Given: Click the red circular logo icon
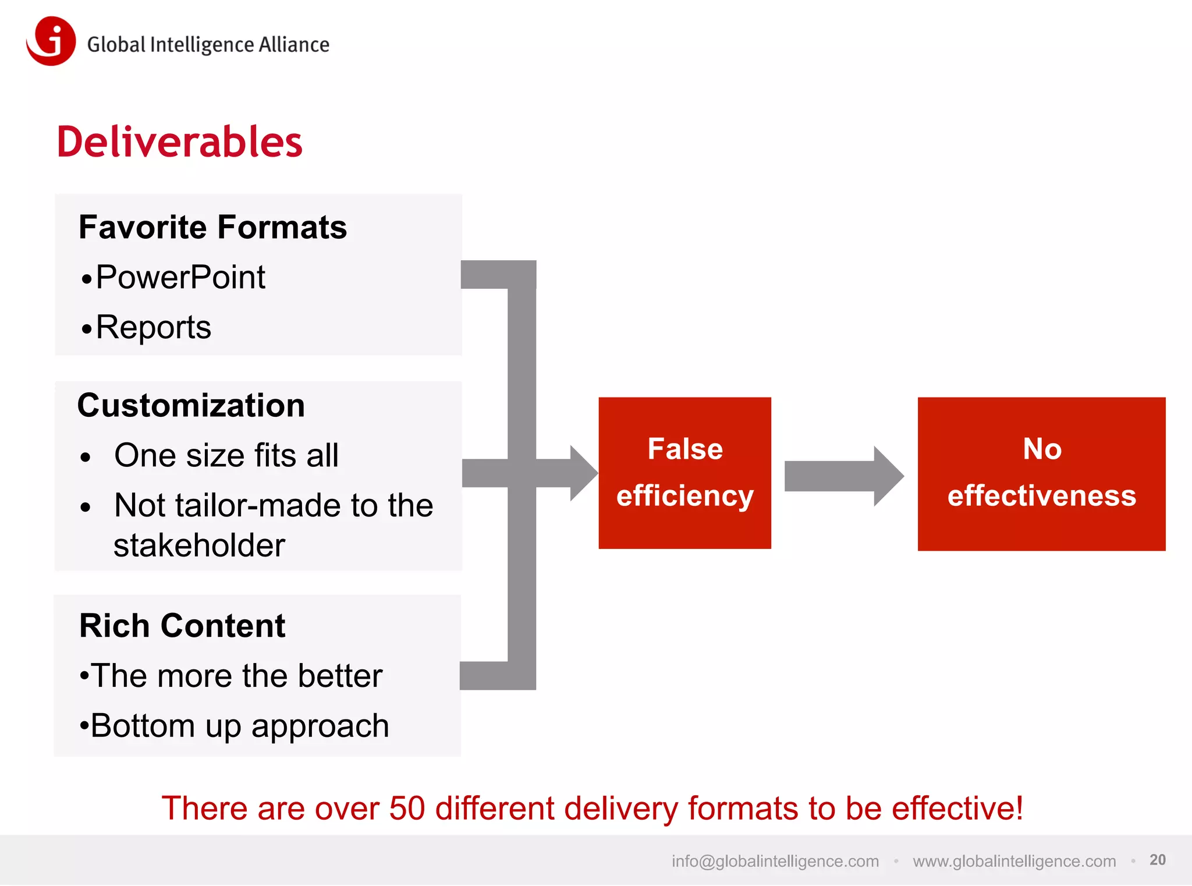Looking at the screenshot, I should click(51, 41).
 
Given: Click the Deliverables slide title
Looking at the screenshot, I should click(179, 142).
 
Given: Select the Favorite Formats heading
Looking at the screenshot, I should click(212, 227).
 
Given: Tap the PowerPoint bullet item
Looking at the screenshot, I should click(180, 277).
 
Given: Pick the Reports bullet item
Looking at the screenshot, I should click(153, 327).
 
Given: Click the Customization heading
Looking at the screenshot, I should click(191, 405).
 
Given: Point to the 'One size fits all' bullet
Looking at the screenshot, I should click(226, 455).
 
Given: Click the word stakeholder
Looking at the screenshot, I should click(199, 545).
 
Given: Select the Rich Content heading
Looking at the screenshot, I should click(182, 626).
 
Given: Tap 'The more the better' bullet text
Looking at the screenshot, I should click(236, 676).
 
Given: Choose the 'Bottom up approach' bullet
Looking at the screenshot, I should click(239, 726).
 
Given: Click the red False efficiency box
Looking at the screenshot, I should click(684, 473).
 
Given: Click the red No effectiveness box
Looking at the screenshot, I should click(1041, 473).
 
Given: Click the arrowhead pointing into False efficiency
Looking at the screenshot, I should click(583, 473).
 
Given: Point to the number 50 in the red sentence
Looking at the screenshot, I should click(407, 809).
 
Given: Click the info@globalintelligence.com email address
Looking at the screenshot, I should click(775, 861).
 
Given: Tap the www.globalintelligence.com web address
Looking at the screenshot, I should click(1014, 861).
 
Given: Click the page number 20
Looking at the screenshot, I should click(1157, 860).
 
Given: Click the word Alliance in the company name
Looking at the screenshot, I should click(294, 45).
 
